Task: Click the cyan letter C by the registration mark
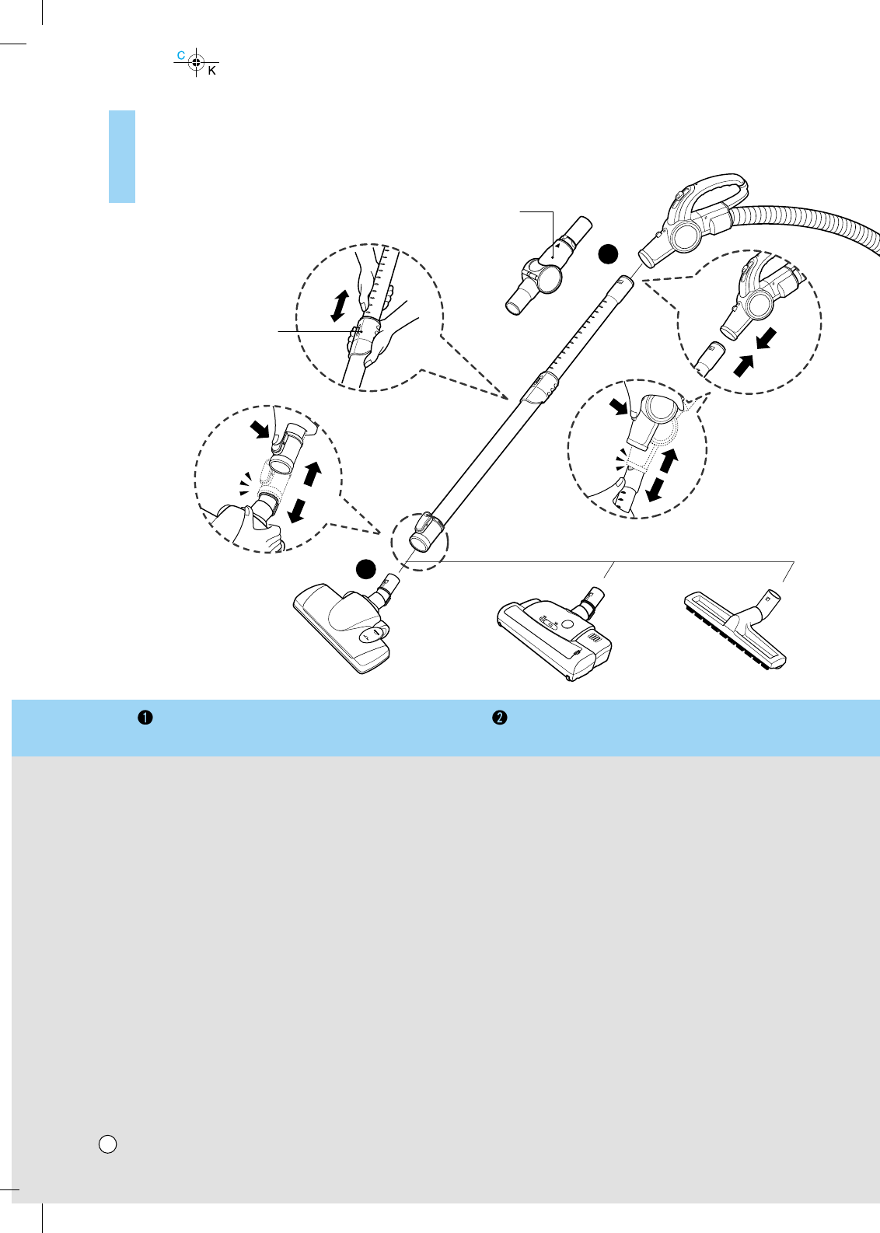click(x=181, y=55)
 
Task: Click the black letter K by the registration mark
click(x=211, y=71)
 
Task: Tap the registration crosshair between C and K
click(x=196, y=62)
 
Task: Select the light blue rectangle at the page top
click(x=122, y=156)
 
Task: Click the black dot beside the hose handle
click(x=609, y=253)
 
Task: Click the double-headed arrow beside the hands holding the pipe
click(x=338, y=306)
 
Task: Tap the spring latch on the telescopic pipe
click(x=540, y=386)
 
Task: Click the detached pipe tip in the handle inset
click(x=709, y=357)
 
